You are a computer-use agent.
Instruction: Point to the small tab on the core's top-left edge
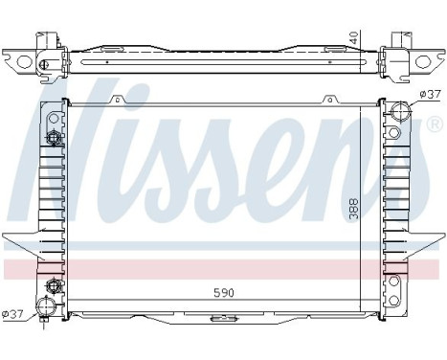115,99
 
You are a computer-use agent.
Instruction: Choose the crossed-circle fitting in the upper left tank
54,139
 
